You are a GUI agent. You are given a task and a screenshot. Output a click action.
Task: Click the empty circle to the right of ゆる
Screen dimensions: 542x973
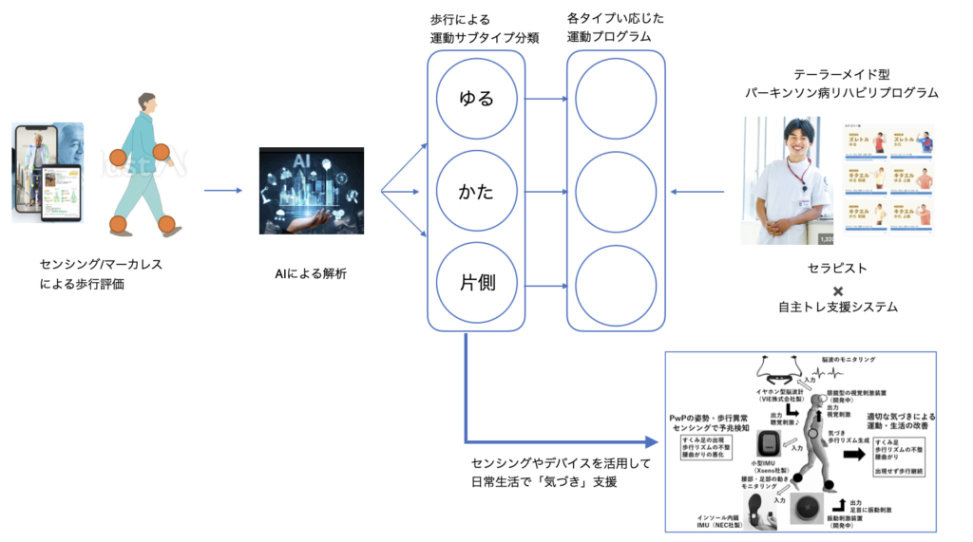(616, 98)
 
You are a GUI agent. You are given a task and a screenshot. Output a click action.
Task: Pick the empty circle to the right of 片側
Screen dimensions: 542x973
(616, 283)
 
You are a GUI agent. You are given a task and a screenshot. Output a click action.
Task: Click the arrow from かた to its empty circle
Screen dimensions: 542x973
(545, 191)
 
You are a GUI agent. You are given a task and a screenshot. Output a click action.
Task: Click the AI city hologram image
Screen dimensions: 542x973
(312, 190)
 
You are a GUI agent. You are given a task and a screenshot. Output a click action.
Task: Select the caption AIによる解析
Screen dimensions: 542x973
(311, 273)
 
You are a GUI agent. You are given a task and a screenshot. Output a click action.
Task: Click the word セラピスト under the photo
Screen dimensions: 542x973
(837, 269)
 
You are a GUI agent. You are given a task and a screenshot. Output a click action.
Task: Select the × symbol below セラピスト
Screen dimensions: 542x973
(838, 290)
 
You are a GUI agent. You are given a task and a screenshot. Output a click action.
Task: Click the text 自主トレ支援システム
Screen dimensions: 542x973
(838, 308)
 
